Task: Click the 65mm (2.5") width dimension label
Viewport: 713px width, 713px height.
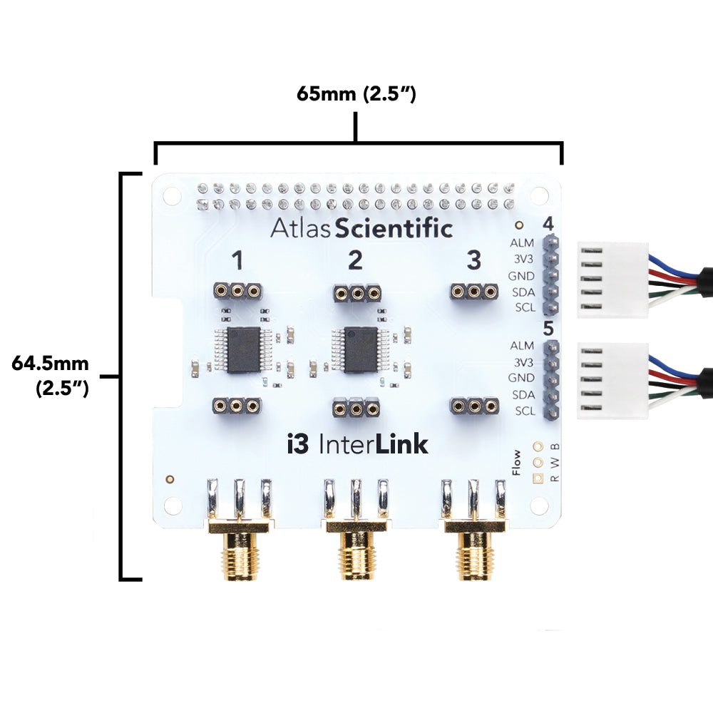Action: (x=356, y=94)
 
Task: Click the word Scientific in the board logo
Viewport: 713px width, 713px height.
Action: (x=394, y=229)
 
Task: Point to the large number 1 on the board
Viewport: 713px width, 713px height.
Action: (x=238, y=262)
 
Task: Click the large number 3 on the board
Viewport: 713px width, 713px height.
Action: (x=473, y=262)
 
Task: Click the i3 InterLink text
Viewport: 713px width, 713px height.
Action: (x=356, y=444)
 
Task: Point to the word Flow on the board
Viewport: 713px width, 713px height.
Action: (x=517, y=462)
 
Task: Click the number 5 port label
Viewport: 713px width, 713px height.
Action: (x=548, y=329)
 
